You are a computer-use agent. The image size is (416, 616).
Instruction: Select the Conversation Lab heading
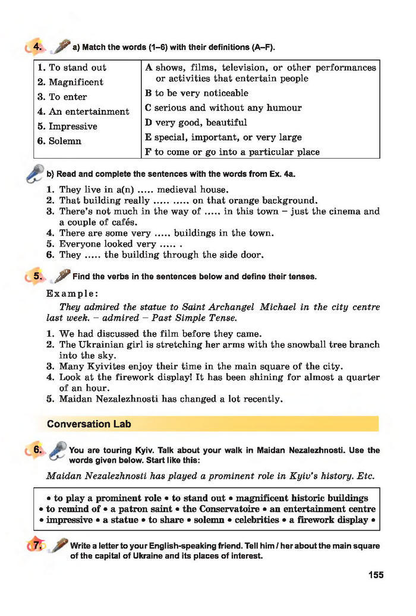tap(89, 424)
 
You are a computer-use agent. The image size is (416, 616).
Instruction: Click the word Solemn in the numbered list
tap(65, 141)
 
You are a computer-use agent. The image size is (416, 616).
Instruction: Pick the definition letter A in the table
tap(149, 68)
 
